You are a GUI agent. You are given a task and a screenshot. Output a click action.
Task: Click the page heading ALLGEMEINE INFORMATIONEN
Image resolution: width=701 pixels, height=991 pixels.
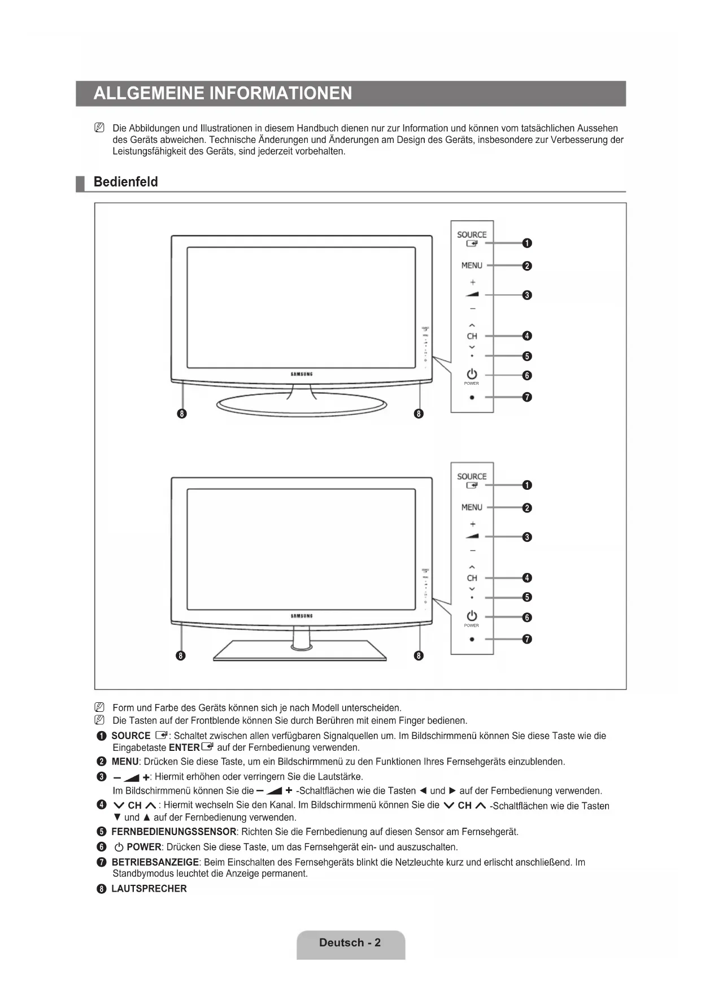coord(223,93)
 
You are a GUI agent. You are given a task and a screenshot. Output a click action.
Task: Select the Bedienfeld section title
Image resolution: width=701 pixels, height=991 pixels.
coord(125,182)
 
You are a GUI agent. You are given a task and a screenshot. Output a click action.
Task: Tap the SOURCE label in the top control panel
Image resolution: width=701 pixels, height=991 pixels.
coord(472,234)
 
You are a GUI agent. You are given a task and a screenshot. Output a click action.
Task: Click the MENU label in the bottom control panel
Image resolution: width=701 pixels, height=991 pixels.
coord(472,507)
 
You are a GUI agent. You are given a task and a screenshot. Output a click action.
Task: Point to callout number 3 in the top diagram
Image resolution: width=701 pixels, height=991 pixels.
coord(526,295)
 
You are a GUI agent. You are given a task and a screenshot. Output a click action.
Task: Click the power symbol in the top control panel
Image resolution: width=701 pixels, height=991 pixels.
coord(472,374)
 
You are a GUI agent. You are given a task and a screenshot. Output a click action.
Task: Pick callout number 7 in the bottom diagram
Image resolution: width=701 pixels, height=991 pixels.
coord(526,639)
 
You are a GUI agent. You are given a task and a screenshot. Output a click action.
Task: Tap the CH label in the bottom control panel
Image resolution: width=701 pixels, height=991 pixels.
coord(472,578)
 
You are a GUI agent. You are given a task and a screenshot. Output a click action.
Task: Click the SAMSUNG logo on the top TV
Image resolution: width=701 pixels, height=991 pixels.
coord(302,374)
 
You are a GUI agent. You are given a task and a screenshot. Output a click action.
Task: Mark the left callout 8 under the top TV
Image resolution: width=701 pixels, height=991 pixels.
coord(181,414)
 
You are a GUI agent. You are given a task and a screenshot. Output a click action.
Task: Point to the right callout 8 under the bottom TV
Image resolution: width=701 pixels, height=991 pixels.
coord(419,655)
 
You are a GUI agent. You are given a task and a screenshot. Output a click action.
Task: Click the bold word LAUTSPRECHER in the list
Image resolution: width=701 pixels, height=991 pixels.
coord(149,889)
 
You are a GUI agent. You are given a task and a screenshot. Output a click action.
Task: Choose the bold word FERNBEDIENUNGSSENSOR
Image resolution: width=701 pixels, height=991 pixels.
coord(174,832)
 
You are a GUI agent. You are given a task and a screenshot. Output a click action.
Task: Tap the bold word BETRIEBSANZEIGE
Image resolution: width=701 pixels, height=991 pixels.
coord(155,862)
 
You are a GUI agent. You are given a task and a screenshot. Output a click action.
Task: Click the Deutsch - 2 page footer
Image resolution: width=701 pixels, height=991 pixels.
coord(350,942)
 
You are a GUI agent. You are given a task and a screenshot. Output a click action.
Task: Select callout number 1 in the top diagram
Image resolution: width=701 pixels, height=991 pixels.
coord(526,243)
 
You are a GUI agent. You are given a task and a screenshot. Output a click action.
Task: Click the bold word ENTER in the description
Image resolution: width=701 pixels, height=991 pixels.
coord(184,747)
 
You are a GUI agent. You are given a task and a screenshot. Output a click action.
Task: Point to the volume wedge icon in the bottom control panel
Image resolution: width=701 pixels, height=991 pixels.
coord(472,536)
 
